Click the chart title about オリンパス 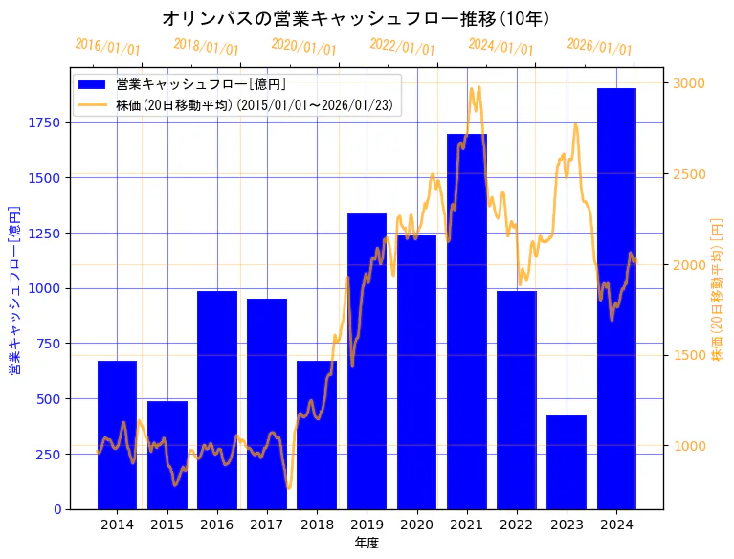click(355, 18)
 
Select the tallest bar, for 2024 click(616, 298)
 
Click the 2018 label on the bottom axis click(317, 525)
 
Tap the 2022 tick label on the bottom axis click(517, 525)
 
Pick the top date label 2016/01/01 click(107, 47)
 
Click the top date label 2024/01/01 click(500, 46)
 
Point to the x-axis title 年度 click(367, 543)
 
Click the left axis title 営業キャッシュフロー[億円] click(14, 288)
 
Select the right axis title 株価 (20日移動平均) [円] click(717, 288)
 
